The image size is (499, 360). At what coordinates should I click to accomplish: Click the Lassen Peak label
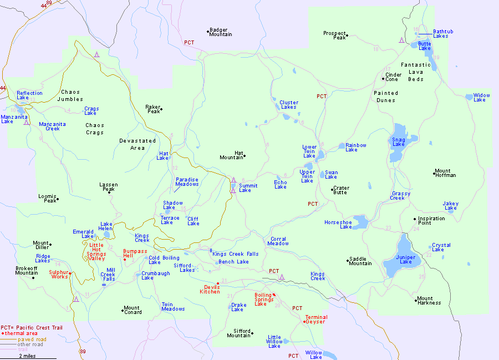108,187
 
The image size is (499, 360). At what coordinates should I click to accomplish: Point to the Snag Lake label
399,142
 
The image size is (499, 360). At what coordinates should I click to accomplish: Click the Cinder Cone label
393,77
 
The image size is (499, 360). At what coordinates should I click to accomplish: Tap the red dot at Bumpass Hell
125,259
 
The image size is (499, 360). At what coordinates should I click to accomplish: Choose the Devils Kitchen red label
210,290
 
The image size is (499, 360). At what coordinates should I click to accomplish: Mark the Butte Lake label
425,46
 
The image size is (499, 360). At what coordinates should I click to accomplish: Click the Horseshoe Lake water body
360,223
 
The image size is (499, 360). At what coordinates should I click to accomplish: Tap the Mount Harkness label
429,301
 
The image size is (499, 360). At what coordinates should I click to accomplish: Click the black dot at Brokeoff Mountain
33,277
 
